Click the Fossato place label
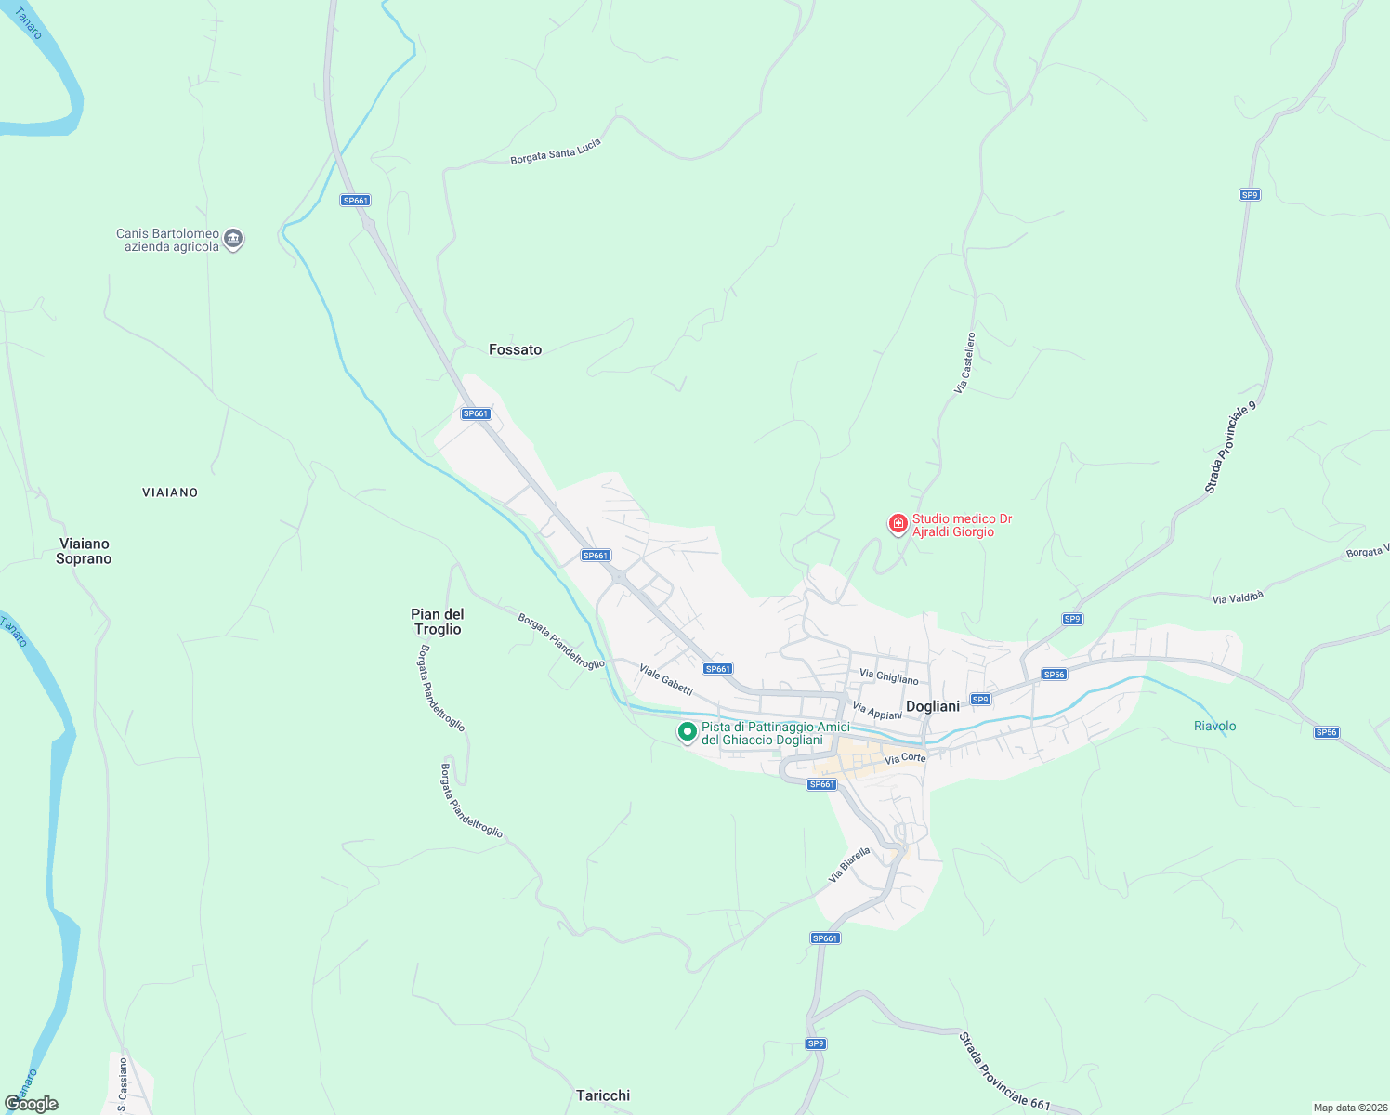tap(515, 349)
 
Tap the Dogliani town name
tap(932, 706)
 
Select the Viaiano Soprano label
tap(84, 551)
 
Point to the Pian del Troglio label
tap(438, 622)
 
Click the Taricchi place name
tap(603, 1095)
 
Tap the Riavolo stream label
tap(1214, 726)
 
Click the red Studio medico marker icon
tap(898, 524)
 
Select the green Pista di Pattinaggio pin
tap(687, 732)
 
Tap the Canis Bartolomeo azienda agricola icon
tap(233, 239)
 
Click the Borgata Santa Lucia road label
tap(556, 151)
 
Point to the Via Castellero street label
tap(965, 362)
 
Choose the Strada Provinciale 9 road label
tap(1230, 448)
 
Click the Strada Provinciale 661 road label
tap(1004, 1070)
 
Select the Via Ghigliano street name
tap(888, 677)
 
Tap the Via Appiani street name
tap(876, 711)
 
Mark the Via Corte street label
tap(905, 758)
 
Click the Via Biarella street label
tap(849, 864)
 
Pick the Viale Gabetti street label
tap(665, 679)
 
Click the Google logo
tap(31, 1103)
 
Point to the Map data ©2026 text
tap(1349, 1108)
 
